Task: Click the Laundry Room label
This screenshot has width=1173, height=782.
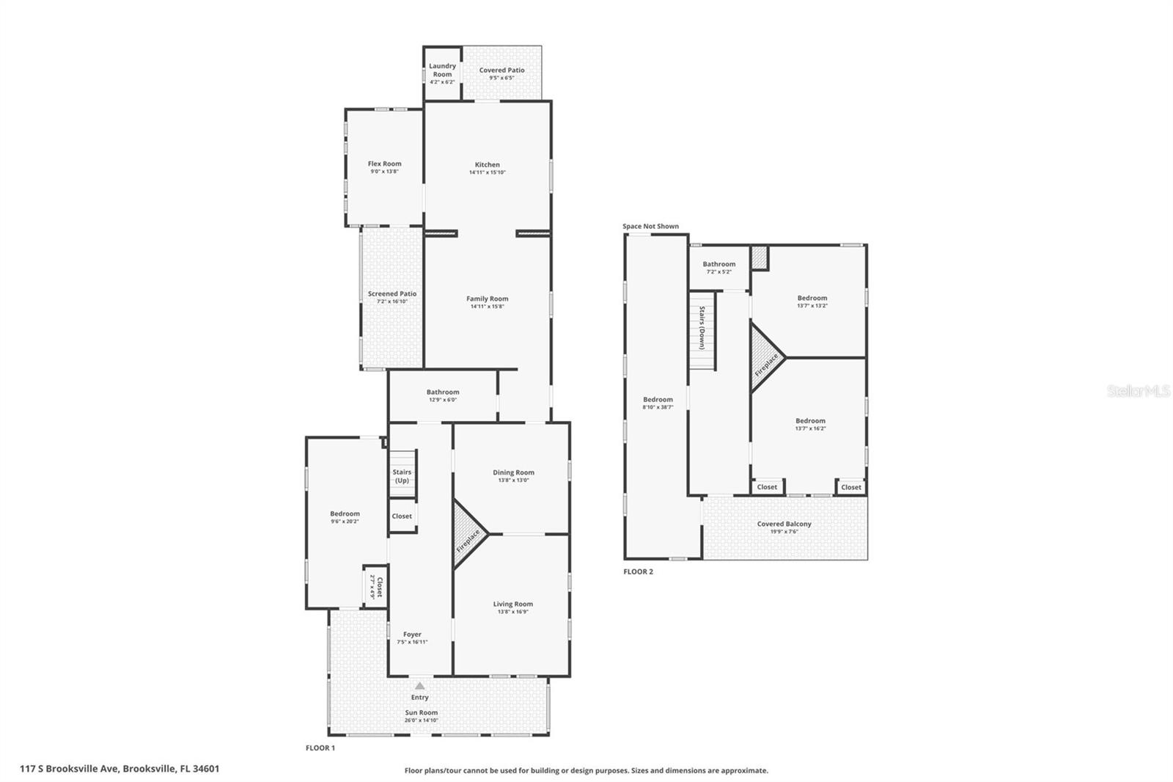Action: (x=442, y=70)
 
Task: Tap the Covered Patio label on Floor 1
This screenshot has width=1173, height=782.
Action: (x=501, y=70)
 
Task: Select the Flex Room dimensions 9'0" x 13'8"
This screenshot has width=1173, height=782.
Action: (x=384, y=172)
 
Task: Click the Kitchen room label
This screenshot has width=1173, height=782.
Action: (x=487, y=165)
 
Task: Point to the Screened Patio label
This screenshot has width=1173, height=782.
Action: (x=391, y=293)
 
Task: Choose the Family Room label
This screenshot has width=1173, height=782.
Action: (x=487, y=299)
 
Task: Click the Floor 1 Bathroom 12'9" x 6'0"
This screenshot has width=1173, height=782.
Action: (x=442, y=395)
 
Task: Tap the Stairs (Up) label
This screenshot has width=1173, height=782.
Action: (x=402, y=476)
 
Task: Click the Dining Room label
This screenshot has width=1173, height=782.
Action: (x=513, y=472)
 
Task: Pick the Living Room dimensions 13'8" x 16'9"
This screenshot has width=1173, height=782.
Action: (x=512, y=612)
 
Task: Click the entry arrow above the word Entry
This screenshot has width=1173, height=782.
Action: (x=419, y=685)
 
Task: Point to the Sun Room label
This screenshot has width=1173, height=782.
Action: (x=422, y=712)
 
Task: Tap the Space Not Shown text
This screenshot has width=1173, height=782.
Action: (x=650, y=226)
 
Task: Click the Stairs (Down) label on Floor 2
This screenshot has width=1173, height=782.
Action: (x=702, y=328)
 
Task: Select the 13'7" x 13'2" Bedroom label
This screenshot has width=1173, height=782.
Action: (x=812, y=298)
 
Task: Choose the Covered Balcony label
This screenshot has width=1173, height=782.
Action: (x=784, y=524)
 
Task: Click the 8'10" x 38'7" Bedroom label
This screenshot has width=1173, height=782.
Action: (x=658, y=400)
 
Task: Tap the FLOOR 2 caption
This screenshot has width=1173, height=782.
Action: (x=638, y=571)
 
